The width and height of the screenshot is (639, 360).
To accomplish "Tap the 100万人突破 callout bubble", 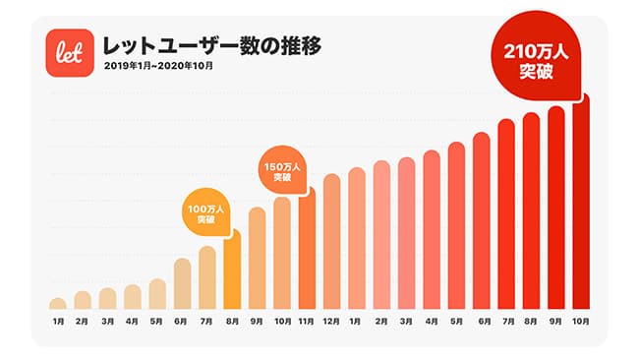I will click(205, 212).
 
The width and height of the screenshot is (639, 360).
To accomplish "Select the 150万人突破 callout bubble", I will click(281, 170).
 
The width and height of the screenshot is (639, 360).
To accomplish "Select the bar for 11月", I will click(307, 251).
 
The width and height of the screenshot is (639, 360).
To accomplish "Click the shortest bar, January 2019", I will click(58, 303).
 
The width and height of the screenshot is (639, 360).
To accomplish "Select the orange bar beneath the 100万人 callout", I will click(232, 270).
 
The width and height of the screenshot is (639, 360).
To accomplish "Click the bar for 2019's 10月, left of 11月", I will click(282, 253).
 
